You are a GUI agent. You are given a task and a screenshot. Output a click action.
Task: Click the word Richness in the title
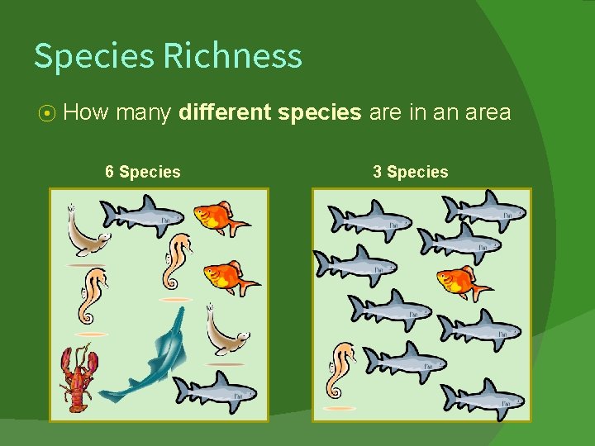pyautogui.click(x=232, y=56)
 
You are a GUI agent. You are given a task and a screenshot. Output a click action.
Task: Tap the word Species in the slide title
pyautogui.click(x=93, y=56)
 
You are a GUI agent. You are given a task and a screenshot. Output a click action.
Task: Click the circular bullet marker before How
pyautogui.click(x=48, y=112)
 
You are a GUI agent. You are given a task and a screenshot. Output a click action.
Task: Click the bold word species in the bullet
pyautogui.click(x=320, y=112)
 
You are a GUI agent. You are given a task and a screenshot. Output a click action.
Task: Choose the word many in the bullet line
pyautogui.click(x=145, y=112)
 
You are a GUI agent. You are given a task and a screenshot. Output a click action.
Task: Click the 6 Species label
pyautogui.click(x=143, y=172)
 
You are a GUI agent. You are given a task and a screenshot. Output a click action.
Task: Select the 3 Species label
pyautogui.click(x=410, y=172)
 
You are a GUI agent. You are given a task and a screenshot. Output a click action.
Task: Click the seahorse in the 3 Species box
pyautogui.click(x=340, y=372)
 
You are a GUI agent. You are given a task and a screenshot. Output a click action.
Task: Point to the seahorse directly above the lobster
pyautogui.click(x=92, y=295)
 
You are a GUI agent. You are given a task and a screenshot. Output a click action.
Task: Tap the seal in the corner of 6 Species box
pyautogui.click(x=86, y=232)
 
